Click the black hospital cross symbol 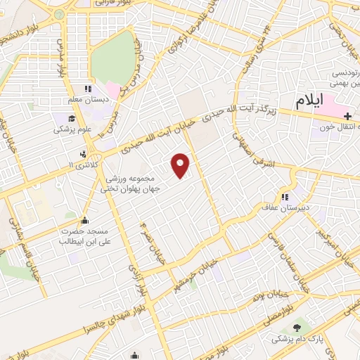point(349,115)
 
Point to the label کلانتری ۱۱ point(86,164)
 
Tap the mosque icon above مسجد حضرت point(85,220)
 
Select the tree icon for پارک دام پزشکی point(297,327)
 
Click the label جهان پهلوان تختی point(132,188)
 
